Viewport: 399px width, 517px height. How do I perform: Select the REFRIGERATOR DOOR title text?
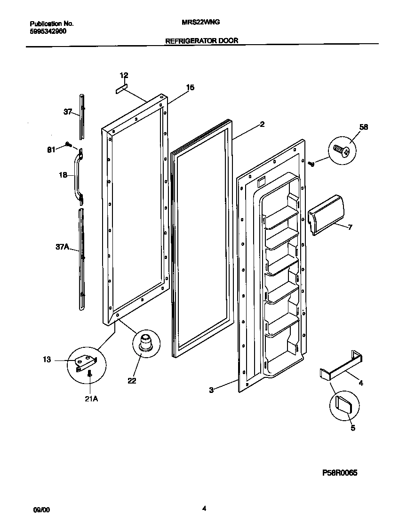click(201, 41)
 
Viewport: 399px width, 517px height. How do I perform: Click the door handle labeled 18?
click(77, 176)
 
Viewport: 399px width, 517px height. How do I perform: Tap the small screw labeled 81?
click(69, 145)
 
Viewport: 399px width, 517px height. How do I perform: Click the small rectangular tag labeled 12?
click(122, 88)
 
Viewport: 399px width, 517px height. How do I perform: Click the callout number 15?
click(190, 87)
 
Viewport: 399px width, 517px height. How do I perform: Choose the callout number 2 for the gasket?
click(262, 125)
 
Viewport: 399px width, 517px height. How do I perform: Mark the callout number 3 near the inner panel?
click(211, 390)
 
